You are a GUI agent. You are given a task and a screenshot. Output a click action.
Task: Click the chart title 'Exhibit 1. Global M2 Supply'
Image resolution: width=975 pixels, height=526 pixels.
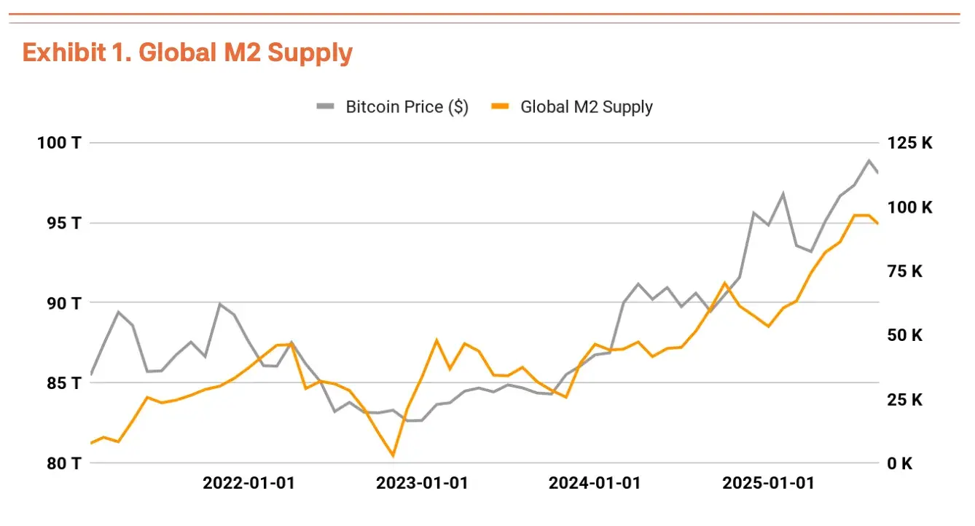(x=187, y=53)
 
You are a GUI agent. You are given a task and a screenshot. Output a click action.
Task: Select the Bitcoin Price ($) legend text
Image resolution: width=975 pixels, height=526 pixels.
(x=407, y=107)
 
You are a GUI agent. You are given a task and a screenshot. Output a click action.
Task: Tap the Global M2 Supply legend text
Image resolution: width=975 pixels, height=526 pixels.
(x=586, y=107)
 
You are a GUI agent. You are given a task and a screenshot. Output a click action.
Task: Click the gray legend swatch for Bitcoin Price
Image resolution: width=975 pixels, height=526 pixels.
(x=325, y=107)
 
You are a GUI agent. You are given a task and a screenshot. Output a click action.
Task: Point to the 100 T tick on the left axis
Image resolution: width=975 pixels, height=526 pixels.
(x=59, y=143)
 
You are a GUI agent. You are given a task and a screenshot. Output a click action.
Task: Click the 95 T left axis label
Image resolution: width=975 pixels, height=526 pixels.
(x=60, y=223)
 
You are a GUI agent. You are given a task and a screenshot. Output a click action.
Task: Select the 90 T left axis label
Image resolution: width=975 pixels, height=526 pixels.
(x=60, y=303)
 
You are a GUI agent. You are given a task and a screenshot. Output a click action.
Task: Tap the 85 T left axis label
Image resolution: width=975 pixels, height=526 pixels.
(x=60, y=383)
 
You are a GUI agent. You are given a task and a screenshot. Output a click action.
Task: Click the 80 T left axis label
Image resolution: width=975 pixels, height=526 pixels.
(x=60, y=463)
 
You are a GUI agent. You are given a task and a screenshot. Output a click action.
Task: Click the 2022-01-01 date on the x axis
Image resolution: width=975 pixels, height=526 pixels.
(x=248, y=484)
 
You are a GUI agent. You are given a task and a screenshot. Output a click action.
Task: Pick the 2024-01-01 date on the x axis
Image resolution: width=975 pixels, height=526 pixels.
(x=595, y=484)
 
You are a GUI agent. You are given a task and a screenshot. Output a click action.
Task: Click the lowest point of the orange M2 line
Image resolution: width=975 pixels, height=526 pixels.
(x=393, y=456)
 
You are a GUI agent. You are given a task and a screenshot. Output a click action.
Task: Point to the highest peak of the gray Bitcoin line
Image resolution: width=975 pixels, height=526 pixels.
(x=869, y=160)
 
